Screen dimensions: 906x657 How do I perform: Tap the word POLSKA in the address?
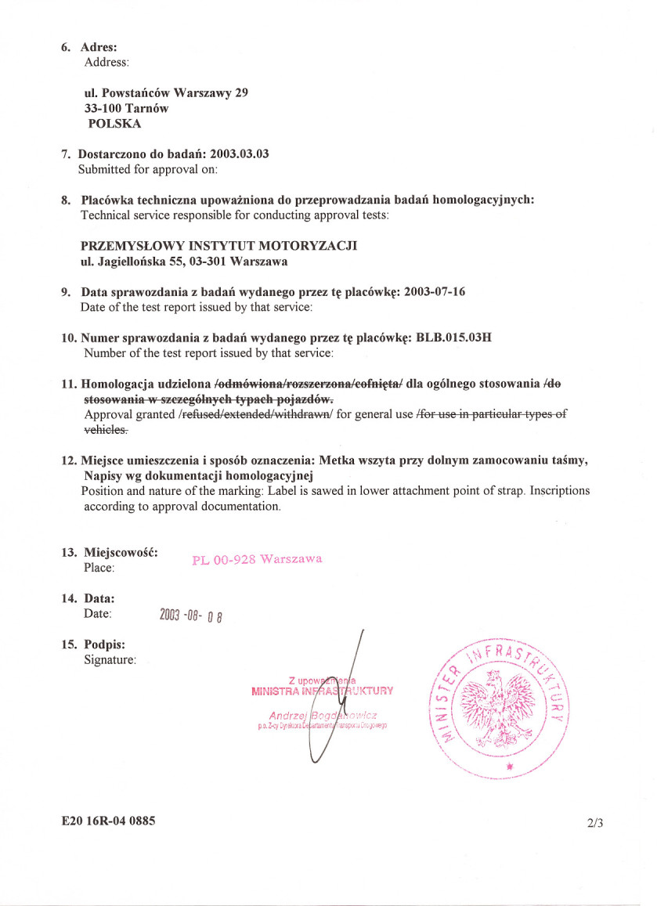115,124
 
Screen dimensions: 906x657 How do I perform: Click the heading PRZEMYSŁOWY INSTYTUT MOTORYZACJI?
219,246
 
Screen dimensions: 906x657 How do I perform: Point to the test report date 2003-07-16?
435,292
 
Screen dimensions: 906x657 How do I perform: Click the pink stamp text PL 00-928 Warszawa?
257,559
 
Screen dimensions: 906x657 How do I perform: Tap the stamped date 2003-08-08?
192,615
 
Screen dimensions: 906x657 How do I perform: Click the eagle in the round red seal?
499,699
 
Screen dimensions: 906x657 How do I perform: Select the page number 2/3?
594,823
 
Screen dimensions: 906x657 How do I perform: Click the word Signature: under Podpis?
110,660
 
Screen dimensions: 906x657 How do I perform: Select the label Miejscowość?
121,552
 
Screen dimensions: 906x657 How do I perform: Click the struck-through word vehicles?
106,430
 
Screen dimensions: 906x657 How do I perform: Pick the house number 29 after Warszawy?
242,93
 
